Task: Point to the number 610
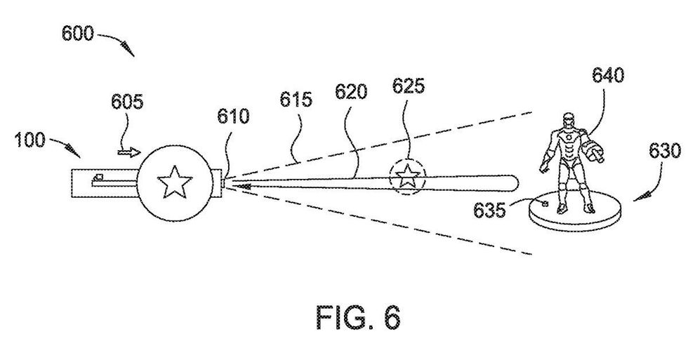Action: [232, 116]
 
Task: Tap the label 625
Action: [408, 88]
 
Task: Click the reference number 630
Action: [663, 151]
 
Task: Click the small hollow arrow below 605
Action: [128, 149]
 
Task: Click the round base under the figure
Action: [571, 217]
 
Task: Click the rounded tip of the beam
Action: [512, 182]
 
